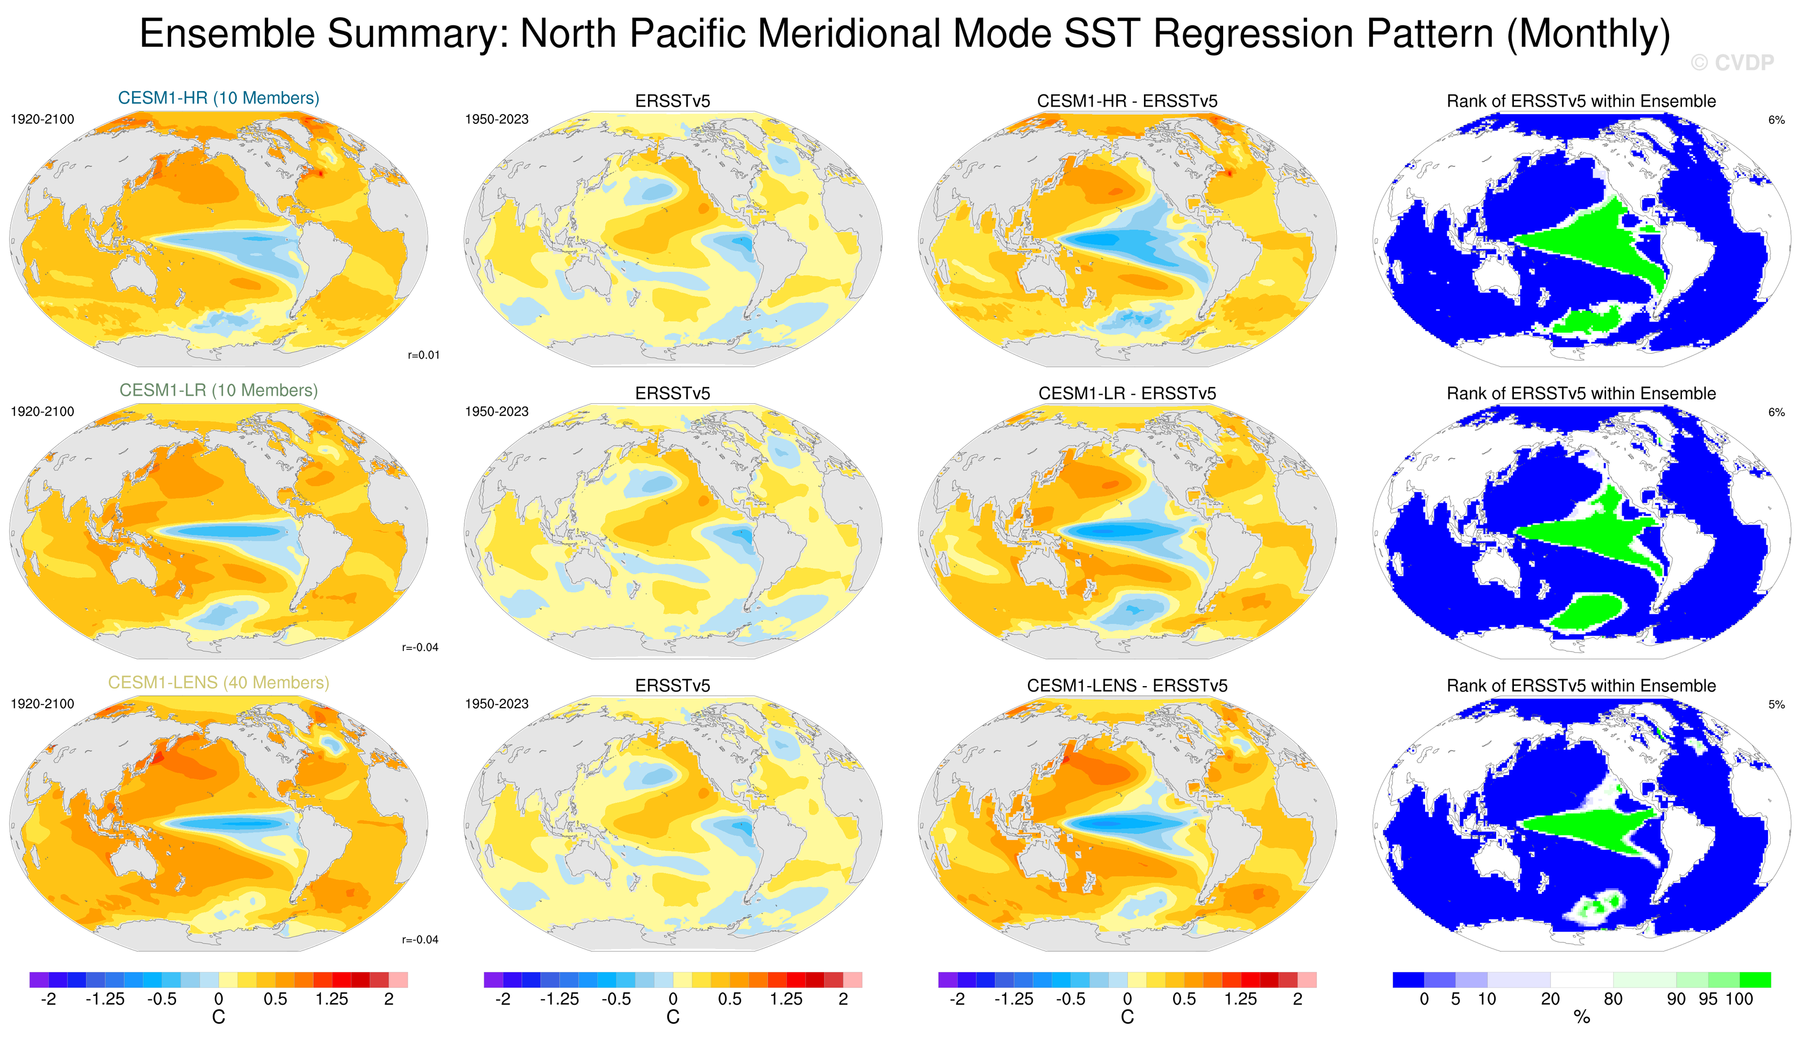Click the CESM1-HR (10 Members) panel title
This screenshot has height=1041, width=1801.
(219, 98)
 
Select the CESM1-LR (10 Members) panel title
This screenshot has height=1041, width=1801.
(219, 390)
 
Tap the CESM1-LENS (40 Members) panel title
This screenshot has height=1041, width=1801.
(219, 682)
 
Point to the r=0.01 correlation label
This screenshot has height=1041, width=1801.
(423, 355)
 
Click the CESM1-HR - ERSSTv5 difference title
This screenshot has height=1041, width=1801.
(1127, 101)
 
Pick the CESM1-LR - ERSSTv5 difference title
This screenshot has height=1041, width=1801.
(1127, 394)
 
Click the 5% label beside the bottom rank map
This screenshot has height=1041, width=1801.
(1776, 704)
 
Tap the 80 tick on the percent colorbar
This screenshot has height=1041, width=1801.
(1613, 999)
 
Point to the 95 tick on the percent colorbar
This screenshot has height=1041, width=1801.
(1708, 999)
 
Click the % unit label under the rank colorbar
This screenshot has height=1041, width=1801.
(1582, 1017)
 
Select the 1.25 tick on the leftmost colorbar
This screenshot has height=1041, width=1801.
(332, 999)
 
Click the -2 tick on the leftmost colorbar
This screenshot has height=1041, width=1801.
(48, 999)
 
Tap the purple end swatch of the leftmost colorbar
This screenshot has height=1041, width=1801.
(39, 980)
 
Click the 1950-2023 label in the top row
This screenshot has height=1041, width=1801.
(497, 120)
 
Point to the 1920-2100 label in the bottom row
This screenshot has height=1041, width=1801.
(42, 704)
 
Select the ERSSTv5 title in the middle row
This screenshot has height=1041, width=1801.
(673, 394)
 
